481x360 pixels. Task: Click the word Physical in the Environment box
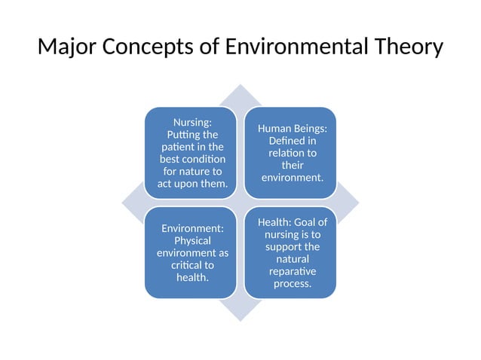pos(192,240)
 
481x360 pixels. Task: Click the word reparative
pos(292,271)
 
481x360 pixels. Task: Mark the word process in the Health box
pos(293,283)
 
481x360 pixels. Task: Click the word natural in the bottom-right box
pos(293,259)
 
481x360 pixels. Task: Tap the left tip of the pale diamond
pos(122,203)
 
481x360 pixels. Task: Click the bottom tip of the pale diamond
pos(240,321)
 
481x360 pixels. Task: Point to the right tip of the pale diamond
pos(359,203)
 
